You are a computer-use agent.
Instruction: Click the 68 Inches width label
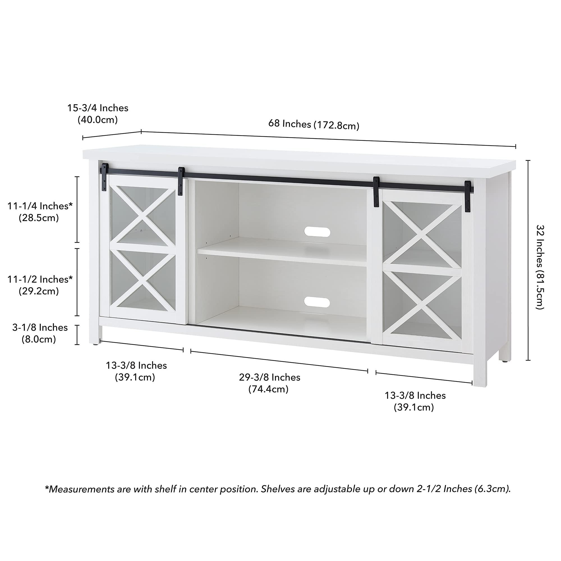289,124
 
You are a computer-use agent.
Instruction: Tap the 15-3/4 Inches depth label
98,108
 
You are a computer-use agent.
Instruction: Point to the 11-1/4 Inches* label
40,206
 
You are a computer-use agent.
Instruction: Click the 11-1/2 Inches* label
40,279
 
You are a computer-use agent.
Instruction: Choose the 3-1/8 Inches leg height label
40,327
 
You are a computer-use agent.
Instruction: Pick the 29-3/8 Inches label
270,377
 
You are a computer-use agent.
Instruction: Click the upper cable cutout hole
317,232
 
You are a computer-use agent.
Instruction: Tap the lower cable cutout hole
317,303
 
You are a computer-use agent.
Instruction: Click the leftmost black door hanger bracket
104,177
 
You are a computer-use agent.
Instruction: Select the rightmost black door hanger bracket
468,196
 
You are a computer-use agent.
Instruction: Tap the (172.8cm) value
336,125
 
